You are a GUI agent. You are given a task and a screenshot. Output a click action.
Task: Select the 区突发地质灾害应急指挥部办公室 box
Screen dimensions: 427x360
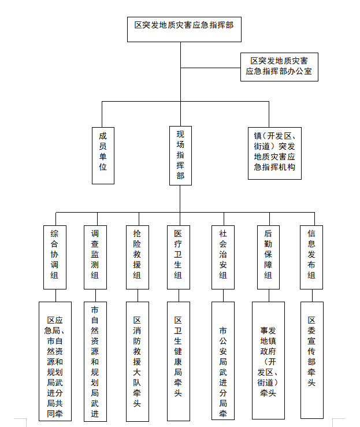coord(279,66)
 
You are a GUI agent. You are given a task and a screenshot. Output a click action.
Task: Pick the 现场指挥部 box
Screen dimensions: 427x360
coord(180,155)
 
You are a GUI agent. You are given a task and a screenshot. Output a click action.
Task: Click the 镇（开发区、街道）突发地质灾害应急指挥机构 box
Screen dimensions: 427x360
coord(274,152)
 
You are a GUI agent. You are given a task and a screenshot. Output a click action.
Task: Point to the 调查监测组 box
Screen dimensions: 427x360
coord(95,257)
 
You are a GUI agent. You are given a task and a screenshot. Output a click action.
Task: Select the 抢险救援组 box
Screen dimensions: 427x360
coord(137,257)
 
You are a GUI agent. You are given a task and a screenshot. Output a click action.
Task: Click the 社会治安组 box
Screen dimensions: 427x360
coord(222,257)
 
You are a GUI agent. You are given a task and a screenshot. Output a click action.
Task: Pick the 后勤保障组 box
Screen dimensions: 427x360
coord(268,257)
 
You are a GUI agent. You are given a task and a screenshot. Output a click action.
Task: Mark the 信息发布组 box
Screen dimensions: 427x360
coord(311,257)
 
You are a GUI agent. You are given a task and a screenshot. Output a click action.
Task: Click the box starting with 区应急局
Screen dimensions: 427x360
coord(55,361)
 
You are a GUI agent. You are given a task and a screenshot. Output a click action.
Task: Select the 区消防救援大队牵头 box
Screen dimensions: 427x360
coord(137,361)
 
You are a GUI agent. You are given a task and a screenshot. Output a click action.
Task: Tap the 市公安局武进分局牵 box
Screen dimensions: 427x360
coord(222,361)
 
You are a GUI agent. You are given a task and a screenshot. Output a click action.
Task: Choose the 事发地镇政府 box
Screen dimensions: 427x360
coord(268,361)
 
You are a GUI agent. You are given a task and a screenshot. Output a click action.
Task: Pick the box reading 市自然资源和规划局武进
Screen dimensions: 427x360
coord(95,361)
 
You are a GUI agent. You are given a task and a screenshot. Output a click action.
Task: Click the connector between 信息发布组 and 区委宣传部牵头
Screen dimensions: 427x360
coord(311,295)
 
